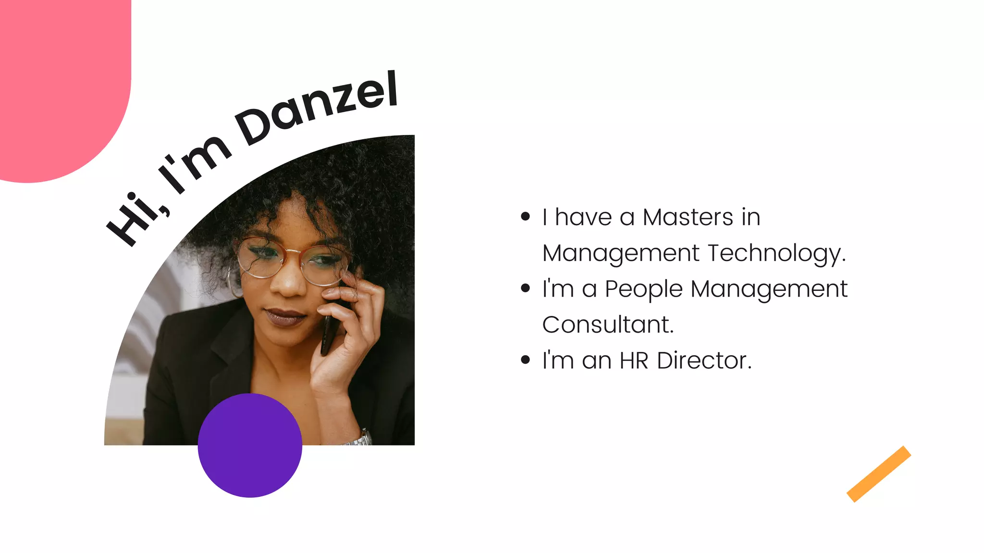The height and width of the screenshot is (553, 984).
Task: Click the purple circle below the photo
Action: coord(250,445)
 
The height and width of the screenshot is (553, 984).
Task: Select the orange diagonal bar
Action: coord(878,474)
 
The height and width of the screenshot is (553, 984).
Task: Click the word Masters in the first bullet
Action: coord(688,217)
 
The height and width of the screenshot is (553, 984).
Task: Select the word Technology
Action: coord(776,253)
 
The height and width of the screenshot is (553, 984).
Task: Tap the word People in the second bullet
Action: coord(643,289)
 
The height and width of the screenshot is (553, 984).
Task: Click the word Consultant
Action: coord(608,325)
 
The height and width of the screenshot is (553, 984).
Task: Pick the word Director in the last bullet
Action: coord(704,361)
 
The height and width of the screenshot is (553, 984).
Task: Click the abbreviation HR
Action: coord(634,361)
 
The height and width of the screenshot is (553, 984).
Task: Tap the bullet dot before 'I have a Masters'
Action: coord(525,217)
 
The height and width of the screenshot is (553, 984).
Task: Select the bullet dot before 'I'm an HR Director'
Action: coord(525,360)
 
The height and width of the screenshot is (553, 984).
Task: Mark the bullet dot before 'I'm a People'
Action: coord(525,289)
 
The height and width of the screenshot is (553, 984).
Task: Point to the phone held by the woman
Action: coord(328,331)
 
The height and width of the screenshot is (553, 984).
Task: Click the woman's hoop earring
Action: coord(233,283)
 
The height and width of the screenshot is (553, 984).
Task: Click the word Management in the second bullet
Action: coord(769,289)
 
